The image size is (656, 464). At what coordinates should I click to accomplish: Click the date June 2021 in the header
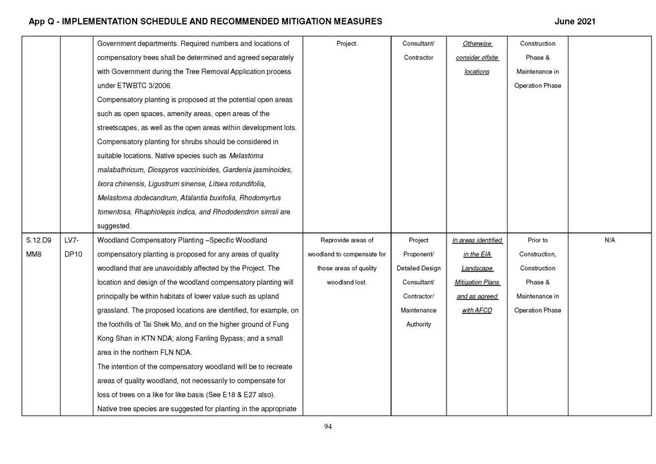pyautogui.click(x=574, y=21)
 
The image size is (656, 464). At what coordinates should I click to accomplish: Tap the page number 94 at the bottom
pyautogui.click(x=327, y=427)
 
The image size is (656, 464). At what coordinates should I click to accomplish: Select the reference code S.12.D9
pyautogui.click(x=39, y=240)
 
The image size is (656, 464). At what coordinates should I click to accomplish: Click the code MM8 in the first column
pyautogui.click(x=34, y=255)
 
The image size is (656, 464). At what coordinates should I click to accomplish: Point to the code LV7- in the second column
pyautogui.click(x=72, y=240)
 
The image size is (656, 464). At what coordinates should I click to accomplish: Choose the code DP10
pyautogui.click(x=73, y=255)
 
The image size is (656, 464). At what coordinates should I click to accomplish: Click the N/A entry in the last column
pyautogui.click(x=610, y=240)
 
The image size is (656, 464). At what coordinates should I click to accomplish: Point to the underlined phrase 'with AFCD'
pyautogui.click(x=476, y=311)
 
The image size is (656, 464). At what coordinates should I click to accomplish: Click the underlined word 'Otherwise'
pyautogui.click(x=477, y=44)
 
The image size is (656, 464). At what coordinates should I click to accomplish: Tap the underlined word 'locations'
pyautogui.click(x=477, y=72)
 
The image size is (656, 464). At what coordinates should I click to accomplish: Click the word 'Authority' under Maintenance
pyautogui.click(x=418, y=325)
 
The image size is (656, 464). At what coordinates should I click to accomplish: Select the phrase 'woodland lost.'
pyautogui.click(x=347, y=282)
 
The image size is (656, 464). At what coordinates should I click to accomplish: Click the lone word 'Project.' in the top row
pyautogui.click(x=347, y=44)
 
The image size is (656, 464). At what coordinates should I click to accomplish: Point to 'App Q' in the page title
pyautogui.click(x=43, y=21)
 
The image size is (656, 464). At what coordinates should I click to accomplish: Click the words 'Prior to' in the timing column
pyautogui.click(x=537, y=240)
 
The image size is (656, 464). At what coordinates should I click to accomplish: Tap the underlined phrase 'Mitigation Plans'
pyautogui.click(x=477, y=282)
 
